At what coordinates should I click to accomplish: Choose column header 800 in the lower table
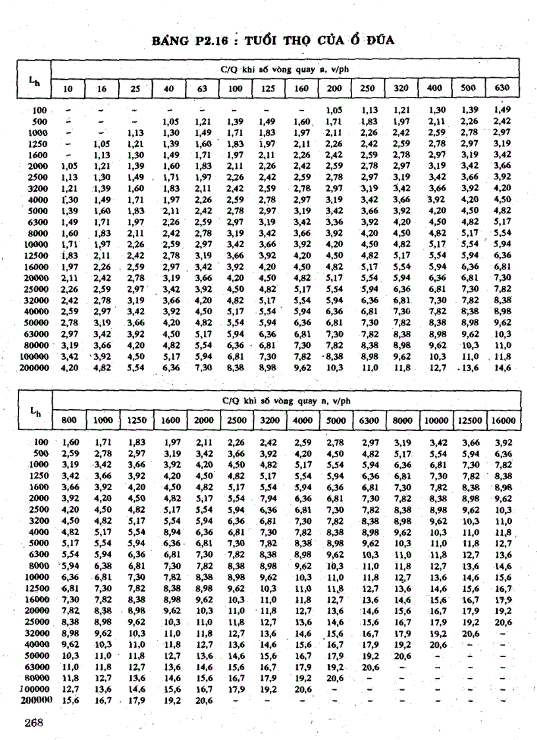(x=69, y=419)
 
